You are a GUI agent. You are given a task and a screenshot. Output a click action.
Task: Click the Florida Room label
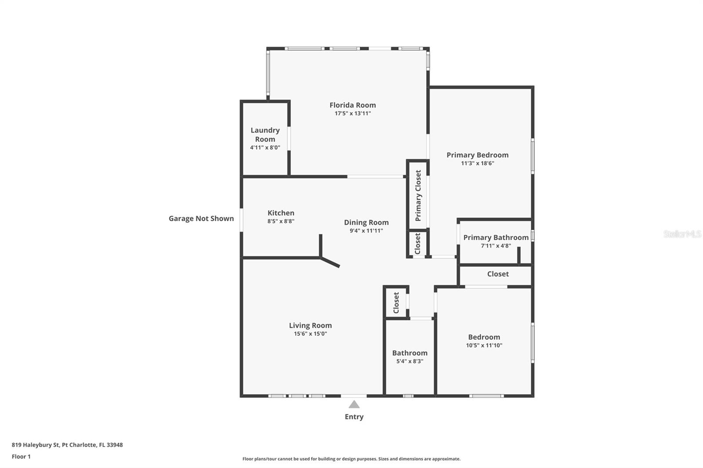(352, 105)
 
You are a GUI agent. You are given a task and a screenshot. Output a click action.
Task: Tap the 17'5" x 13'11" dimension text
(352, 113)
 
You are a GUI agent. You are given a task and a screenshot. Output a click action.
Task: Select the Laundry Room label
(265, 134)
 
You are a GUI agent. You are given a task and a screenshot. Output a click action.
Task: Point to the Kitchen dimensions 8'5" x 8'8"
(281, 221)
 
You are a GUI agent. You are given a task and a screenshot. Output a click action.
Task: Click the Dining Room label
(366, 222)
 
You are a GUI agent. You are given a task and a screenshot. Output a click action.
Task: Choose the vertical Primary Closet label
(418, 195)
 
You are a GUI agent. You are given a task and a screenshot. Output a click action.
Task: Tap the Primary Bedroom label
(477, 155)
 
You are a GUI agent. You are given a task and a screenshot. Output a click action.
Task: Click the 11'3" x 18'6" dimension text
(477, 163)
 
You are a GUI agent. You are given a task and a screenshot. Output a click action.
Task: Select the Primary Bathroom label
(496, 238)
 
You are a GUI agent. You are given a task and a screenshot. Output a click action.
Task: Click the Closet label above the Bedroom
(497, 274)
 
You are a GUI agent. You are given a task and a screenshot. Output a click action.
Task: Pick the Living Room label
(310, 325)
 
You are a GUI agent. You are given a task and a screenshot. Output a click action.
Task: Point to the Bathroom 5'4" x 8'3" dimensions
(409, 361)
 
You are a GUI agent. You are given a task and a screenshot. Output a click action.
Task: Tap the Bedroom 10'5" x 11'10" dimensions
(484, 346)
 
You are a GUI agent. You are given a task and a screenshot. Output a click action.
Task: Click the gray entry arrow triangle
(354, 404)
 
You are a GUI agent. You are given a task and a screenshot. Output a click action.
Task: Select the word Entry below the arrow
(354, 417)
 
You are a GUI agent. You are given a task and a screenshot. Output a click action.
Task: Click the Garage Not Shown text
(201, 218)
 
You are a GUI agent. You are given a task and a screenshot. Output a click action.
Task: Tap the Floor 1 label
(21, 457)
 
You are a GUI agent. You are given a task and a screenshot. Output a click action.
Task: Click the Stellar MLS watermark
(682, 234)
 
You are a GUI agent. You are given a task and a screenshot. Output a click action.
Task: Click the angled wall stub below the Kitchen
(330, 262)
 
